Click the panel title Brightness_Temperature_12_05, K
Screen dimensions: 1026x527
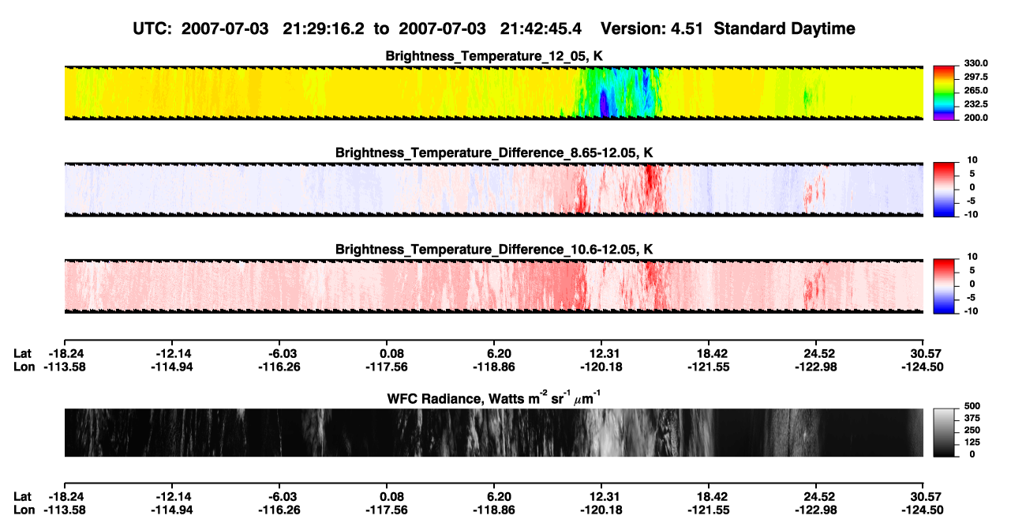tap(494, 56)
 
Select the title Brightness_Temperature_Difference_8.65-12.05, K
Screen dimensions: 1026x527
tap(494, 152)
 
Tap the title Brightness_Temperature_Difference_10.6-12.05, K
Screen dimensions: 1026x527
tap(494, 250)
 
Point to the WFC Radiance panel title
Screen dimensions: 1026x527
tap(494, 398)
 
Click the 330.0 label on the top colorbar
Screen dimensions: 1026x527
tap(975, 63)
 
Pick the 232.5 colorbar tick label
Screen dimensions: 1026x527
tap(975, 104)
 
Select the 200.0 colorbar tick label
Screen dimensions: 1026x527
tap(975, 118)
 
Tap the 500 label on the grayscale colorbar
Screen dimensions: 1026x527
tap(972, 406)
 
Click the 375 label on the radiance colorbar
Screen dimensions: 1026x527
tap(972, 418)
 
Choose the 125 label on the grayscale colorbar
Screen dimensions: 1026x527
tap(972, 442)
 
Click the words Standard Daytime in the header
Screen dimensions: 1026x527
tap(784, 29)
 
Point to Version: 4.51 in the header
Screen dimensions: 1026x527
tap(651, 29)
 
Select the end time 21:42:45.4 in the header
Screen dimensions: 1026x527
tap(541, 29)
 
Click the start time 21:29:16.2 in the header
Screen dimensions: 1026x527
tap(324, 29)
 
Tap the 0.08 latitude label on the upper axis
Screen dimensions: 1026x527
tap(391, 354)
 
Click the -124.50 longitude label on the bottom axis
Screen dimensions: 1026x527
tap(923, 510)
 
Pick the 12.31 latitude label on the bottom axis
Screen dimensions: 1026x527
tap(604, 497)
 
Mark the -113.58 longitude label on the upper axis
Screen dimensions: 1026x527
tap(65, 367)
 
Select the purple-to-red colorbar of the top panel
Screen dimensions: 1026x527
tap(944, 93)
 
